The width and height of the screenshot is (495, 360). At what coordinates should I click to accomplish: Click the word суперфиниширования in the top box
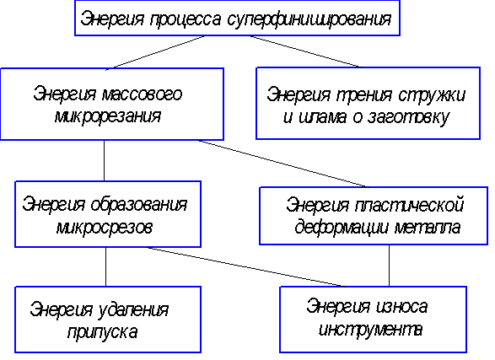tap(309, 19)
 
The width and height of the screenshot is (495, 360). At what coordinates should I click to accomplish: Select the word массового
tap(142, 94)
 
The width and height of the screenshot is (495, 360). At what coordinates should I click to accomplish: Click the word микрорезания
tap(108, 116)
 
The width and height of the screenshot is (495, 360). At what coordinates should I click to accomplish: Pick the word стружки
tap(431, 95)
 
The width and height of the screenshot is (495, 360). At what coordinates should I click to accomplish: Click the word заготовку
tap(408, 117)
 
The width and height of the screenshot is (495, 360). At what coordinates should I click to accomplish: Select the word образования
tap(139, 205)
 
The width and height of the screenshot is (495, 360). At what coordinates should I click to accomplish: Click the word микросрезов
tap(105, 227)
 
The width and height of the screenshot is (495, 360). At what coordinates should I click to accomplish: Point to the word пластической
tap(409, 205)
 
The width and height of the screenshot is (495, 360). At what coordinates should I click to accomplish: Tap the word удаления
tap(133, 310)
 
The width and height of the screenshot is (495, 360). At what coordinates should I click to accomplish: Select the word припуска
tap(103, 332)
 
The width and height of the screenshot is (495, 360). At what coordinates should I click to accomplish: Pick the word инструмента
tap(370, 330)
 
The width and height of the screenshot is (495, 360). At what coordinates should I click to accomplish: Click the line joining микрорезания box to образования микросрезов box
tap(105, 160)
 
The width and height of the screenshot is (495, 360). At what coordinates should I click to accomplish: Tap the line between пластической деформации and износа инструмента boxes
tap(389, 266)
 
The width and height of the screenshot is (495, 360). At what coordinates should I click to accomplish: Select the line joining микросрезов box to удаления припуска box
tap(105, 267)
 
